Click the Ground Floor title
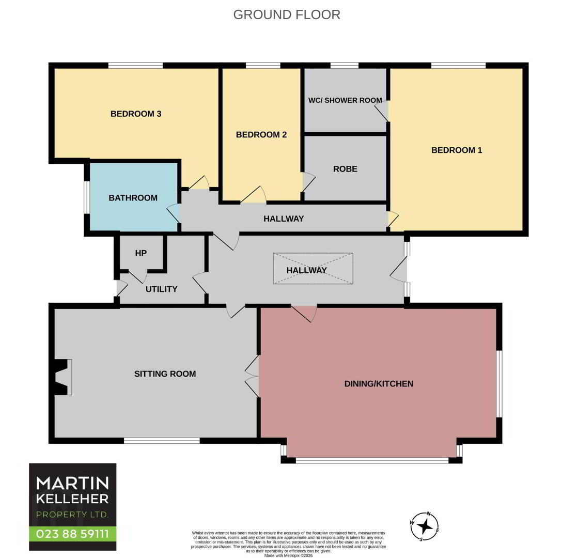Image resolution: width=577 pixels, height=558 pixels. (287, 14)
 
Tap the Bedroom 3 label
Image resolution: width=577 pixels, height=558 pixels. (136, 114)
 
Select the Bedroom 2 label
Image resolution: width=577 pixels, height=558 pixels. (261, 135)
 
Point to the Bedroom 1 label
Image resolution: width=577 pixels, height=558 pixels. (457, 150)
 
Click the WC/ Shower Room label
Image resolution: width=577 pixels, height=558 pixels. (345, 100)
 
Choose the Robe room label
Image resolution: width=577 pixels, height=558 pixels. (345, 169)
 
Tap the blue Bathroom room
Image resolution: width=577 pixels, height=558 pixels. (134, 197)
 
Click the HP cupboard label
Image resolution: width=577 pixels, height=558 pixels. (141, 253)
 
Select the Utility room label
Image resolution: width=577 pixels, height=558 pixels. (162, 289)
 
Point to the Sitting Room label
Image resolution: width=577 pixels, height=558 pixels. (165, 374)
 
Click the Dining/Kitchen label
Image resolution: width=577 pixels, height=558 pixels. (379, 384)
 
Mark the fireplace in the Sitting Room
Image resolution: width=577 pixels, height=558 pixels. (63, 377)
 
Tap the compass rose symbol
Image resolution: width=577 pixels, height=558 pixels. (425, 526)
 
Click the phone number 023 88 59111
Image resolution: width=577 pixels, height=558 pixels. (72, 534)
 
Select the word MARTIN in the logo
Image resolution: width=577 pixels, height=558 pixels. (72, 483)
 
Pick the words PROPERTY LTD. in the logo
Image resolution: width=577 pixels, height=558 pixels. (72, 515)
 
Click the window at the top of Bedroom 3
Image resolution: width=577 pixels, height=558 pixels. (135, 66)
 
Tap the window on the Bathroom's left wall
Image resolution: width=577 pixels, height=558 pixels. (87, 197)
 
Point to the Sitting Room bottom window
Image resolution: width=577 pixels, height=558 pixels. (162, 441)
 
